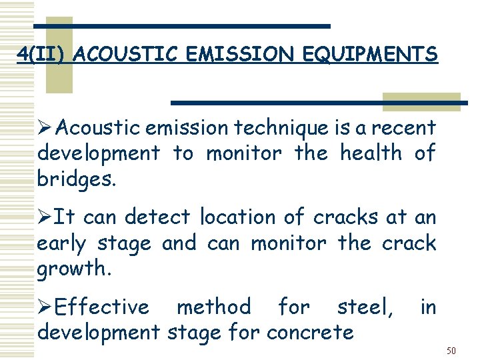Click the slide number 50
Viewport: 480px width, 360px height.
(x=451, y=351)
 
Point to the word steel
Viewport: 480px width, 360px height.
(x=365, y=307)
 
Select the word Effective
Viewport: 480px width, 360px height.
(x=102, y=307)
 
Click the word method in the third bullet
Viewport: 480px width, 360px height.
(x=213, y=307)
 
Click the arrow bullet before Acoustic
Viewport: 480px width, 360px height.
(x=45, y=127)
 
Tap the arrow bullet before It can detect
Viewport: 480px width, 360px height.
(x=45, y=217)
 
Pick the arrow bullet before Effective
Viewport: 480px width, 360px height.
(x=45, y=307)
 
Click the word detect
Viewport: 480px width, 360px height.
(x=157, y=217)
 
